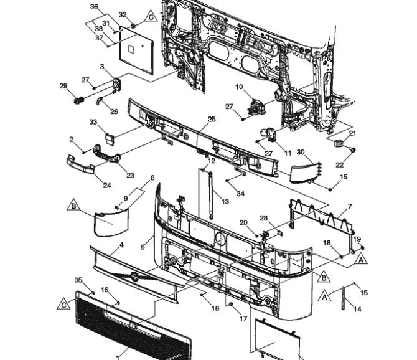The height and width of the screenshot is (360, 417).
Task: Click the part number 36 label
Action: pos(94,7)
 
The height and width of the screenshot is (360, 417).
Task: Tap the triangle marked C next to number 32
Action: pos(151,16)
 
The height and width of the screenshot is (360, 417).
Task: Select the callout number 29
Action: pos(63,86)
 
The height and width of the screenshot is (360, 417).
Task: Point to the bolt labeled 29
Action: pos(78,100)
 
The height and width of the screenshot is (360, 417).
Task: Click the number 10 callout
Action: pos(239,87)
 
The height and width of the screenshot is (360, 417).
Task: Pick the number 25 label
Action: pos(212,119)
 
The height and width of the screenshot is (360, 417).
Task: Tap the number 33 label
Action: pos(93,122)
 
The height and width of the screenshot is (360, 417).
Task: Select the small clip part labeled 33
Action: pos(110,139)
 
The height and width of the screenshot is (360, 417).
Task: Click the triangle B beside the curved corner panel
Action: pos(73,205)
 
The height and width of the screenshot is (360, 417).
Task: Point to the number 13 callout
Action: pos(225,201)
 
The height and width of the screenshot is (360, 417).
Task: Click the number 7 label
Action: pos(350,206)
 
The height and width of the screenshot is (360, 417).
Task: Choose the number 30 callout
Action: pos(301,152)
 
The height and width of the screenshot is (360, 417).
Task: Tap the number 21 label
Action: pos(352,133)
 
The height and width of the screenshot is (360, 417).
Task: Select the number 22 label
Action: pos(340,165)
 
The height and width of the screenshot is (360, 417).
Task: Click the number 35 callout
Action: pos(78,280)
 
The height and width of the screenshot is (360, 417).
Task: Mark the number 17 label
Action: pos(243,318)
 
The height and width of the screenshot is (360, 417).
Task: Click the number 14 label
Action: pos(357,309)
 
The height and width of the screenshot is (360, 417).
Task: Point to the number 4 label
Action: pos(121,245)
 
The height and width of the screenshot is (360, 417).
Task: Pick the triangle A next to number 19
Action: pos(361,260)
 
